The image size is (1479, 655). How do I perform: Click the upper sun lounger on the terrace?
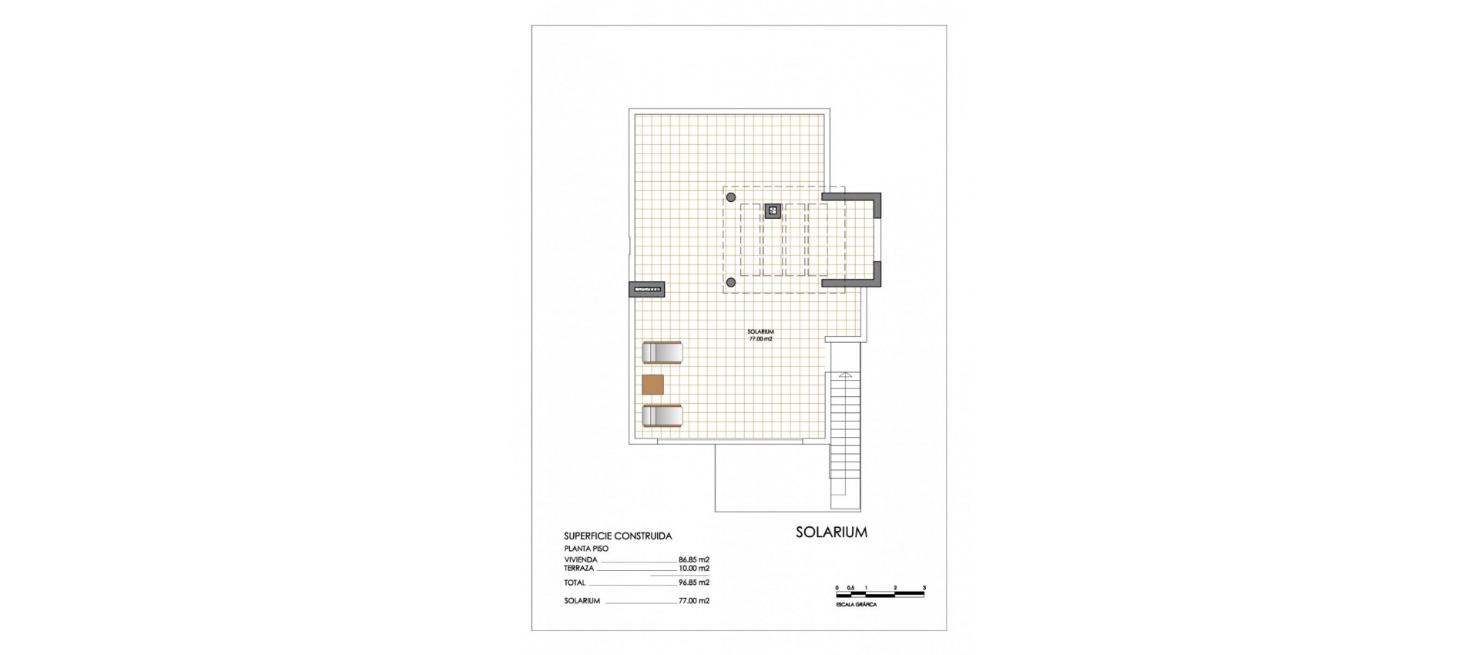pos(662,352)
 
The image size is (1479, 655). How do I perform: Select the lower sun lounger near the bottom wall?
pos(662,416)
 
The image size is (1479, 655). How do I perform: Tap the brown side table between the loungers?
pos(652,385)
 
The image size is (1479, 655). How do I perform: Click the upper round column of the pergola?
pos(730,197)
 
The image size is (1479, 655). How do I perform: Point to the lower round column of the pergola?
pos(730,283)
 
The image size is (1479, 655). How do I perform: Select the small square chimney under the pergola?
pos(773,210)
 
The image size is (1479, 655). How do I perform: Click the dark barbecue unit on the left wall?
pos(647,290)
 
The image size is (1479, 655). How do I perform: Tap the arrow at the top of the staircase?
pos(845,375)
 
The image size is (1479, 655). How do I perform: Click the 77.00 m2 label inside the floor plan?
pos(760,338)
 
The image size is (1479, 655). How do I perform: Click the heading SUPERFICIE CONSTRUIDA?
pos(617,536)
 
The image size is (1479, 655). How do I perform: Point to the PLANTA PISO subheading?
pos(586,549)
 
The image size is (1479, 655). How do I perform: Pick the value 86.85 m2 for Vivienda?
pos(693,559)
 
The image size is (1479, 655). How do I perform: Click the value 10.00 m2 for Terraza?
pos(693,568)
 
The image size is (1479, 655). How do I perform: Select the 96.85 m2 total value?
pos(693,583)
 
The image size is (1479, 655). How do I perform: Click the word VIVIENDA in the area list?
pos(581,559)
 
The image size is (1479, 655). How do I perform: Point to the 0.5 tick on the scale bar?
pos(850,588)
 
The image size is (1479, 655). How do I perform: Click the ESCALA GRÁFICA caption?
pos(856,605)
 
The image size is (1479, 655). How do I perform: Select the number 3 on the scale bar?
pos(924,588)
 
